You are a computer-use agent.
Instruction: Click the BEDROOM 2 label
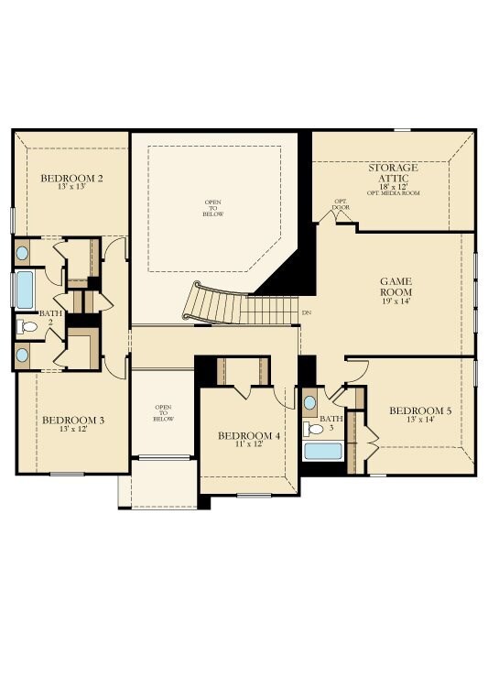coord(71,177)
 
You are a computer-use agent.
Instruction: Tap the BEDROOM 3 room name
coord(73,421)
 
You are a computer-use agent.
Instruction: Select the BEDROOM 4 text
coord(249,435)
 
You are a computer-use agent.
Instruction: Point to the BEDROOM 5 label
coord(419,410)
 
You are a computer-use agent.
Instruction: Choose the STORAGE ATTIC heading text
coord(393,174)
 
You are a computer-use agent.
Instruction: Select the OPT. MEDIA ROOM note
coord(394,193)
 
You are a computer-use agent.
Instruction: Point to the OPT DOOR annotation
coord(341,204)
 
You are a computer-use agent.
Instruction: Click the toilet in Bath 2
coord(27,325)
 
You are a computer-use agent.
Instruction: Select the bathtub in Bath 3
coord(322,451)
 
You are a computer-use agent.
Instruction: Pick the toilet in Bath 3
coord(316,428)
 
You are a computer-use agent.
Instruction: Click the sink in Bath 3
coord(310,402)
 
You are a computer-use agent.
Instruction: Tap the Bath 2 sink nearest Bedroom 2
coord(23,253)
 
